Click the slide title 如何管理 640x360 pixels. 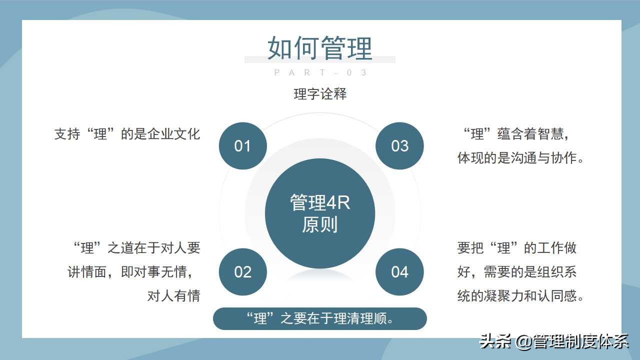tap(320, 48)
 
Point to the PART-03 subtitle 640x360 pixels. tap(320, 73)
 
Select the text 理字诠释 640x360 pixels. tap(320, 94)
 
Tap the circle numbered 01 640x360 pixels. tap(243, 146)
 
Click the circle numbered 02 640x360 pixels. tap(243, 272)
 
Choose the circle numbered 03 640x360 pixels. tap(399, 146)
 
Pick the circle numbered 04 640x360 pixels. tap(399, 272)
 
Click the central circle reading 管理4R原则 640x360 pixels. tap(320, 213)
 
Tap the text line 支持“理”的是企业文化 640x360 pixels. tap(127, 134)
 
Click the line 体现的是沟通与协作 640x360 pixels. tap(520, 158)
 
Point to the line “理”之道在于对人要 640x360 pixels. tap(136, 247)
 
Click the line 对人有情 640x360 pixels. tap(173, 296)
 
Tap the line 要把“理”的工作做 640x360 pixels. tap(517, 247)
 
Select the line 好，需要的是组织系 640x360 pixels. tap(517, 272)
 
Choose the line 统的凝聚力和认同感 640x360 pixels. tap(520, 296)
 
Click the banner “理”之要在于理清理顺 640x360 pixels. tap(320, 319)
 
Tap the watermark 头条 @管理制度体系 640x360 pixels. tap(554, 341)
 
